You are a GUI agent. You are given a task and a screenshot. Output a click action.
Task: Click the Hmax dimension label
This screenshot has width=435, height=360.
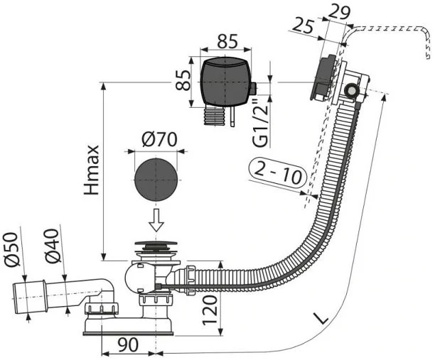(92, 170)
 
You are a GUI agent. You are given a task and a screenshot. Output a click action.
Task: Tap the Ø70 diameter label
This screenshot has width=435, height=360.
(159, 139)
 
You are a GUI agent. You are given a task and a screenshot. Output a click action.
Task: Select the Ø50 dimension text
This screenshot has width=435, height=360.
(12, 249)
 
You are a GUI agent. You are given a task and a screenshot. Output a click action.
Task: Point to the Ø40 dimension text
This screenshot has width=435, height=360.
(53, 246)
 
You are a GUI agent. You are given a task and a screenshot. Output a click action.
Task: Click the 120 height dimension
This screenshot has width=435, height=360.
(210, 310)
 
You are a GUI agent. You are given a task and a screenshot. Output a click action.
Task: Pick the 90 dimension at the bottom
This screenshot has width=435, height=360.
(128, 345)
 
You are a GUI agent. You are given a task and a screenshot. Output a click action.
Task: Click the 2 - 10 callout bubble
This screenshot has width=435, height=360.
(278, 173)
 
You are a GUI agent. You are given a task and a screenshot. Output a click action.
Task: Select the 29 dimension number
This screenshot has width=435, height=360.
(339, 11)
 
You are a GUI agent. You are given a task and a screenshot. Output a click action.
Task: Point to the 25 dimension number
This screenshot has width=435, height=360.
(304, 26)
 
